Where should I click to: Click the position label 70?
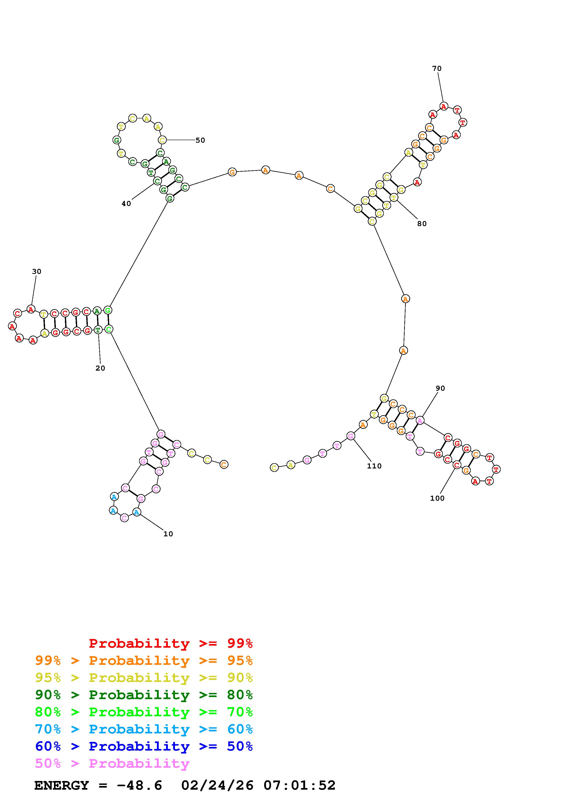coord(437,68)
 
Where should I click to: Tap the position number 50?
coord(200,140)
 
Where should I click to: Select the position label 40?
coord(126,204)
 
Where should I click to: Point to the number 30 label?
coord(37,271)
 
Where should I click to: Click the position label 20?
coord(100,368)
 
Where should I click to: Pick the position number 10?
coord(168,534)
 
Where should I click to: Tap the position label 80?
coord(422,224)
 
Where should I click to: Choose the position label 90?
coord(440,388)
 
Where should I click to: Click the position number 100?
coord(437,498)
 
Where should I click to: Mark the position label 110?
coord(374,466)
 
